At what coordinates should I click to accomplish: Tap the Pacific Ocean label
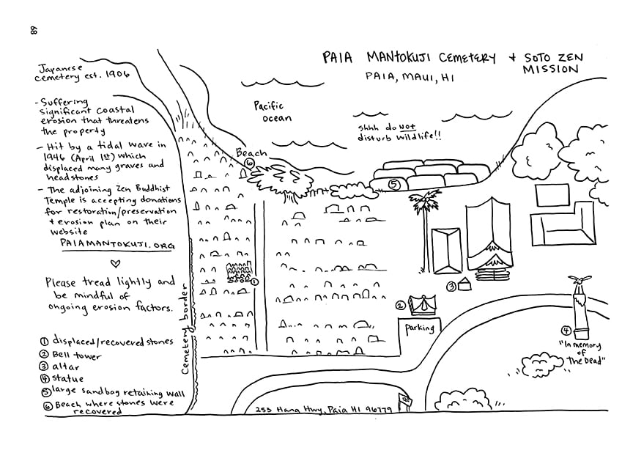273,112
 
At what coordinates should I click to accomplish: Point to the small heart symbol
114,262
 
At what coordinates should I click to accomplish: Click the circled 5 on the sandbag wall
394,184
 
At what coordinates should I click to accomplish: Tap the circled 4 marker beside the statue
566,329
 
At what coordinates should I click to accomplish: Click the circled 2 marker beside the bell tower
401,306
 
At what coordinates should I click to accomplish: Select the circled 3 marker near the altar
453,287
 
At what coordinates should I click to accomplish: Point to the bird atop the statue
579,280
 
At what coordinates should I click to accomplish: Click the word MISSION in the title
551,70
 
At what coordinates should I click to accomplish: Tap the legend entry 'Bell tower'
76,355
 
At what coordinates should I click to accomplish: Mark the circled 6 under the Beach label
249,163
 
